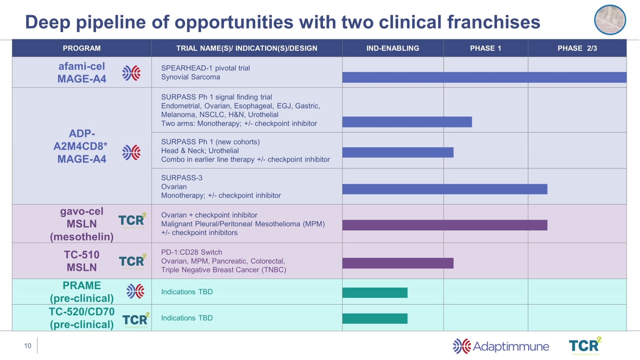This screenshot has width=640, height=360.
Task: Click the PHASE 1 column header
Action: pos(486,48)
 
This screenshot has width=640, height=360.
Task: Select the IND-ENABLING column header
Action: pos(393,48)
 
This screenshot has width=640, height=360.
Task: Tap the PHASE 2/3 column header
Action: pos(577,48)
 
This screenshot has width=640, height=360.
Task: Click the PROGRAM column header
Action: pos(81,48)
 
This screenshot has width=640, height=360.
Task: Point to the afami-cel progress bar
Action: pos(484,77)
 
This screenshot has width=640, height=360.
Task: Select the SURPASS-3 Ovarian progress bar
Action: pos(445,189)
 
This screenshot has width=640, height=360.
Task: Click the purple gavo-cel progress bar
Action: pos(445,225)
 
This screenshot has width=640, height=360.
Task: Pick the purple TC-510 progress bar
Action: pos(398,263)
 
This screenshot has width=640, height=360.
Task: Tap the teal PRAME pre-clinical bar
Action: pos(375,293)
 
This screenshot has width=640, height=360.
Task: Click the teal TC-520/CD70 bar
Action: pos(375,319)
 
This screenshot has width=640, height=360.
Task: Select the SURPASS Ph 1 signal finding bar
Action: pos(407,122)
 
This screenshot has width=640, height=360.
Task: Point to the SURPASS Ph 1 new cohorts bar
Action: pos(398,152)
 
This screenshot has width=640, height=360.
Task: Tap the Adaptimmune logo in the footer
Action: pos(501,346)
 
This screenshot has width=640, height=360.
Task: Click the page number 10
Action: pos(28,346)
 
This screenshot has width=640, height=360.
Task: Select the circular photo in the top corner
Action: pos(610,20)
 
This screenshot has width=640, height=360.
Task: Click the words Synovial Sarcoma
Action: pos(190,77)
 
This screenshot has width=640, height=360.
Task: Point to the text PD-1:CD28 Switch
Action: pos(192,252)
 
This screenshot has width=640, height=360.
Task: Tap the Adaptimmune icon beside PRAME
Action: pos(135,291)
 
